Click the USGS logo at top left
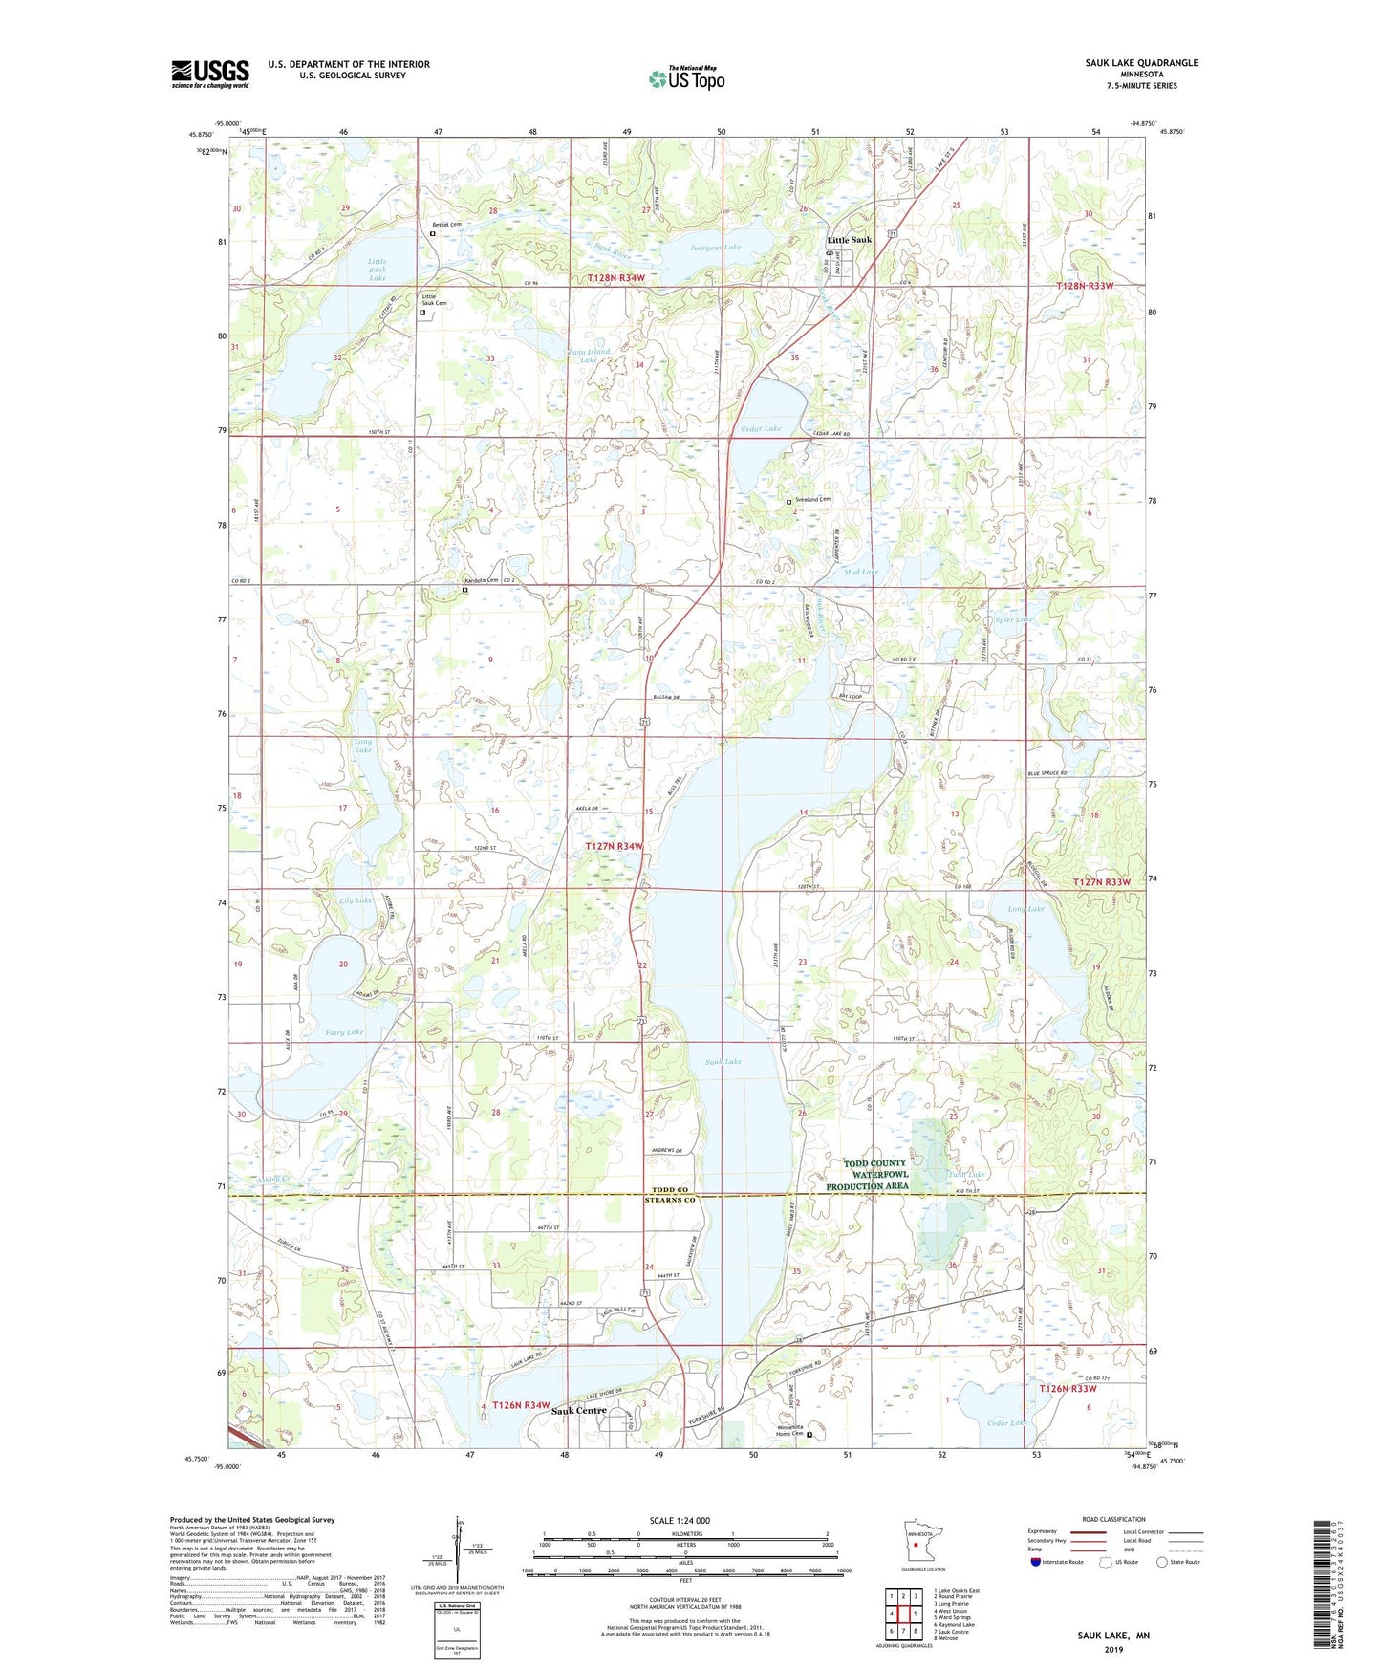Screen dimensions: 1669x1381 (210, 74)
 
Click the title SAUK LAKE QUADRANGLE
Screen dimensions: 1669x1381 (1141, 63)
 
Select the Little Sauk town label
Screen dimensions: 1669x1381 (849, 240)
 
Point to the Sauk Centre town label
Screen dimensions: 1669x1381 (578, 1411)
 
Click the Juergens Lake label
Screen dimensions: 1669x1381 (715, 248)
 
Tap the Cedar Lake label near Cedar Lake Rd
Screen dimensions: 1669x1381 (761, 429)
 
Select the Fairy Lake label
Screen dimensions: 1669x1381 (344, 1032)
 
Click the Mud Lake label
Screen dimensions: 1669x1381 (861, 572)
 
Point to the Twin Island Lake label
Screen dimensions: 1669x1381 (590, 356)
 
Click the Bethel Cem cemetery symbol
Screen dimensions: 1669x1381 (432, 232)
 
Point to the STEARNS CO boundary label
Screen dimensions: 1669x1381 (669, 1200)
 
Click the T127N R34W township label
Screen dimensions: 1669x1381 (614, 847)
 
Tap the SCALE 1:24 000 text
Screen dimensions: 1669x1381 (680, 1520)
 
